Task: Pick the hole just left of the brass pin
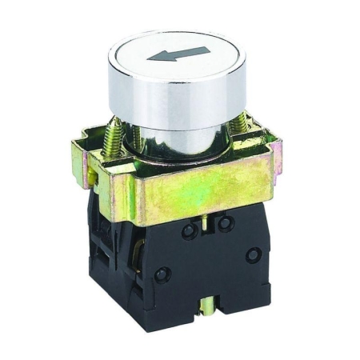click(x=190, y=231)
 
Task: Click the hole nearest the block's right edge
click(x=254, y=255)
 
